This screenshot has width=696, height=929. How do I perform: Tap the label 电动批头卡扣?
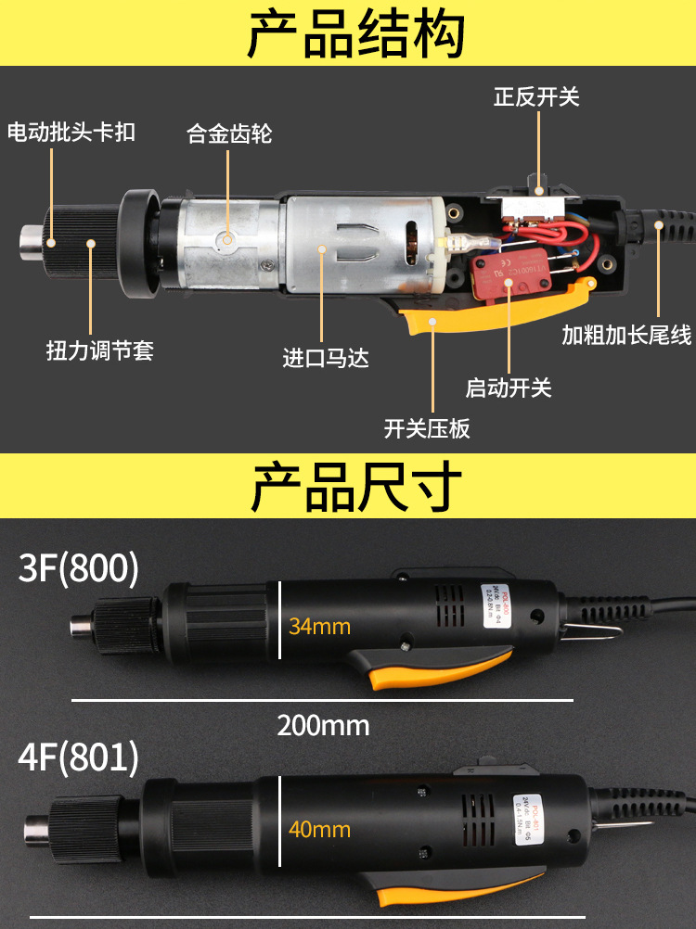[71, 133]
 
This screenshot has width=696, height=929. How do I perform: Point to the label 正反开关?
[536, 96]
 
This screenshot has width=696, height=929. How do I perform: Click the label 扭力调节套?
[99, 350]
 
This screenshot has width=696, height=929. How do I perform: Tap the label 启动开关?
[509, 388]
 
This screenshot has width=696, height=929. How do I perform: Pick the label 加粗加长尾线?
[626, 335]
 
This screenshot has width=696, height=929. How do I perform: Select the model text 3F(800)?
[79, 568]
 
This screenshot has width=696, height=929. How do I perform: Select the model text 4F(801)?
[79, 757]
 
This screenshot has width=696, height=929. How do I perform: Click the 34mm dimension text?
[319, 626]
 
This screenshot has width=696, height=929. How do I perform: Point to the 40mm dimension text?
[319, 829]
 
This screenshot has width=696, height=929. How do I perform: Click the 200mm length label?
[323, 725]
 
